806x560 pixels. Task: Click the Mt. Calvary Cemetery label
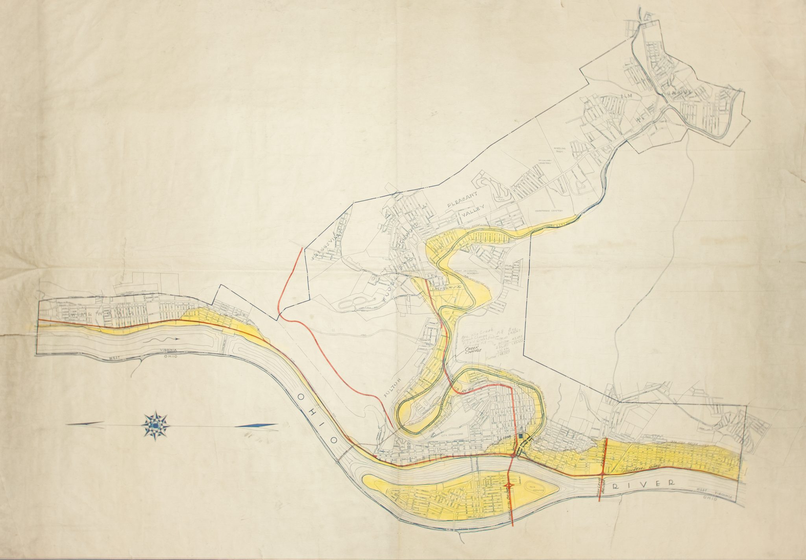pos(544,163)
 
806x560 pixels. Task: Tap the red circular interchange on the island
pos(509,486)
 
